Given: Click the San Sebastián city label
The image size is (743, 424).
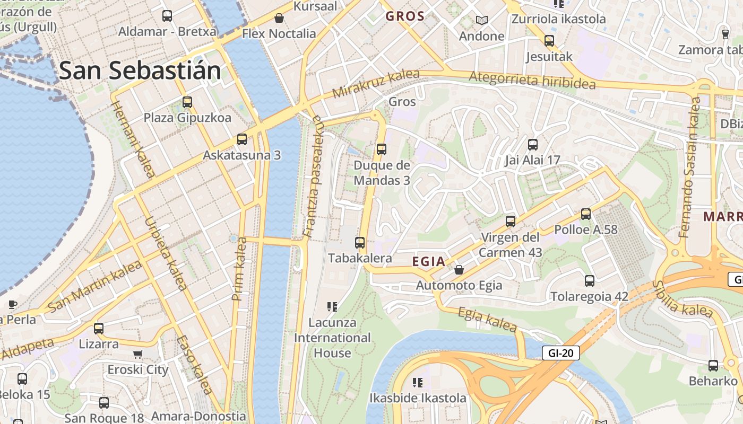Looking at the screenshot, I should click(140, 71).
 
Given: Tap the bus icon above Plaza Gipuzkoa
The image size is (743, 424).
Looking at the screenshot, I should click(187, 102).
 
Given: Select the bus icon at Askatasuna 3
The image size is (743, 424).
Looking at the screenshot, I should click(242, 139).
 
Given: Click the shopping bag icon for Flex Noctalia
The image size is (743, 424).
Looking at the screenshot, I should click(279, 19).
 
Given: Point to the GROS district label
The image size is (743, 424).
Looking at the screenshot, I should click(405, 16).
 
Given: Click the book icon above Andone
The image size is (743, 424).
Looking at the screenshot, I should click(481, 21).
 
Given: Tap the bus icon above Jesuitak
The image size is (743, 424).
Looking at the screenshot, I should click(549, 41).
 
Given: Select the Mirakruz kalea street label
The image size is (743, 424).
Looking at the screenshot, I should click(376, 84).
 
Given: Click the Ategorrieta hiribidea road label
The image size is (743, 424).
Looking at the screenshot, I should click(532, 81).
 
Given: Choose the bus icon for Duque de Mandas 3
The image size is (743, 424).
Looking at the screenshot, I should click(382, 149).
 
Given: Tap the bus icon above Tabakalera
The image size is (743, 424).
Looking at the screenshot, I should click(360, 243).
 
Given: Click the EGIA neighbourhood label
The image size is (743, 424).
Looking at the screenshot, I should click(428, 261).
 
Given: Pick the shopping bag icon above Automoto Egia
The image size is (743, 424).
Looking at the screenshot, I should click(459, 270).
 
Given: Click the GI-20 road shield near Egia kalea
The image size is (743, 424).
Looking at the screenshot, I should click(560, 353).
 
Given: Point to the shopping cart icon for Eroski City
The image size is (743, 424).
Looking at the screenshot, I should click(138, 354).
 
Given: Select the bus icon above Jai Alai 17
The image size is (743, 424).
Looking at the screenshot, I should click(533, 144).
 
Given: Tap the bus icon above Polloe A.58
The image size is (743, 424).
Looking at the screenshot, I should click(586, 214).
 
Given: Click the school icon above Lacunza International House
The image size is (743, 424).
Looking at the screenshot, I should click(332, 306).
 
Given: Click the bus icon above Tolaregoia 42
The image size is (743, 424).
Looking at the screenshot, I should click(590, 281).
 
